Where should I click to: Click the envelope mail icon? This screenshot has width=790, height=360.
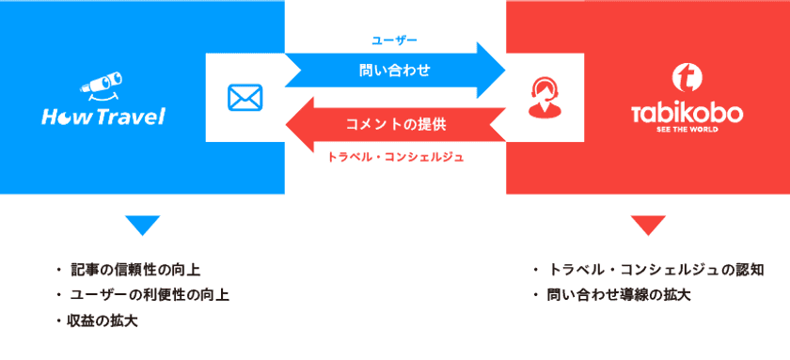(x=245, y=98)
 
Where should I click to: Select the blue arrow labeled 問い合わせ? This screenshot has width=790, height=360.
(x=395, y=70)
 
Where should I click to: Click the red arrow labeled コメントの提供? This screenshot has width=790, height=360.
(x=395, y=125)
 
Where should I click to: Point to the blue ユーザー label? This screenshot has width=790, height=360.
(x=394, y=40)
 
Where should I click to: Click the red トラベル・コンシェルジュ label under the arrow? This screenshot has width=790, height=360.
(x=395, y=157)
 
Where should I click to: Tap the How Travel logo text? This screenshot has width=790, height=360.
(x=103, y=117)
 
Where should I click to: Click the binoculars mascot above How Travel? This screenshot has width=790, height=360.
(x=101, y=87)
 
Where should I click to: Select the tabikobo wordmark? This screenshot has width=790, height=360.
(x=687, y=114)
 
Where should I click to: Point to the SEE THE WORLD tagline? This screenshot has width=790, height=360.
(x=687, y=131)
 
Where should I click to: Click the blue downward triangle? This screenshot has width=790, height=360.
(x=142, y=226)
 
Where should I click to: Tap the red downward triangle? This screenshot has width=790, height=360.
(x=647, y=226)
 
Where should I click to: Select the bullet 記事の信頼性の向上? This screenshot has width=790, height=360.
(x=134, y=271)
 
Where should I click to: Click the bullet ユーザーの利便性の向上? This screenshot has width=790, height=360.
(x=149, y=295)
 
